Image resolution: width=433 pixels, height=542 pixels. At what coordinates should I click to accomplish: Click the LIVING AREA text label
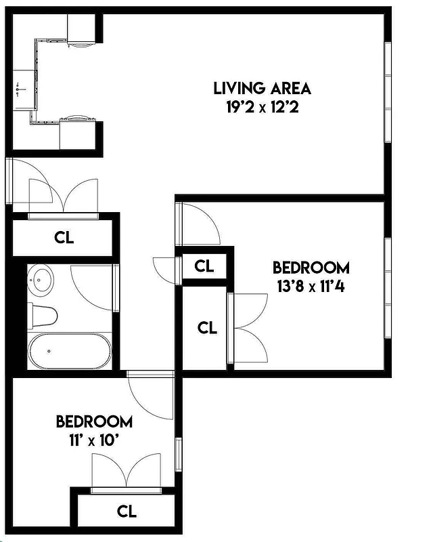click(262, 88)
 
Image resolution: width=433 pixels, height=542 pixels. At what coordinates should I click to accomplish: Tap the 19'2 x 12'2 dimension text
click(262, 106)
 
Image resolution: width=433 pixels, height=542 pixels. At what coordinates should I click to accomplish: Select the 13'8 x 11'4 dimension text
click(311, 285)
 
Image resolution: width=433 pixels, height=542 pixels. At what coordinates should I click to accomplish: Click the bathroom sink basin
click(42, 278)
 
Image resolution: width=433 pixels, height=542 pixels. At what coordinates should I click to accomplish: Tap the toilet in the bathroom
click(43, 315)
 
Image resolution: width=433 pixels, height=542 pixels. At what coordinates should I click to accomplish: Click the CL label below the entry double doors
click(64, 238)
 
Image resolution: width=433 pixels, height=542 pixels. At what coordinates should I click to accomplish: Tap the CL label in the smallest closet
click(204, 266)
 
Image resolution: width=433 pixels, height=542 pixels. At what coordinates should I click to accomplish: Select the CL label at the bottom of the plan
click(127, 511)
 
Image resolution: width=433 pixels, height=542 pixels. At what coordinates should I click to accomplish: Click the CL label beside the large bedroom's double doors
click(207, 327)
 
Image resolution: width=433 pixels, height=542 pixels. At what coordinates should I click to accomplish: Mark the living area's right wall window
click(388, 91)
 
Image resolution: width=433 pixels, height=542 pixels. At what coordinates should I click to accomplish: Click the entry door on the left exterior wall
click(9, 181)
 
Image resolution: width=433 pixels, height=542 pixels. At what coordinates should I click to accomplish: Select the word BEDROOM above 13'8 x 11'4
click(311, 267)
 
